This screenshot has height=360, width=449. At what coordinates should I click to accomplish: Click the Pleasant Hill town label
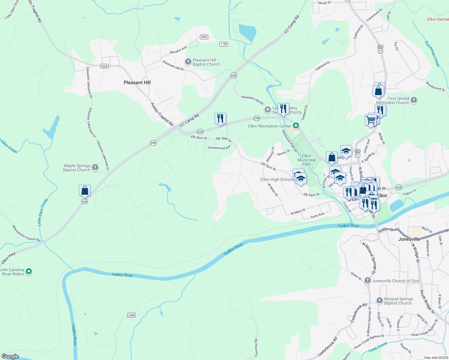click(137, 82)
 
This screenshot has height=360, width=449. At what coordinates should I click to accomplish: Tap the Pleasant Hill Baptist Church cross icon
click(188, 62)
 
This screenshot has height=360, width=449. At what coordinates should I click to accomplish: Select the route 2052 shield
click(204, 37)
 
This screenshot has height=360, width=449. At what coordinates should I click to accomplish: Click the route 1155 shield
click(224, 44)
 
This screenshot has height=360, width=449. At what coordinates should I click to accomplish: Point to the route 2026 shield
click(104, 66)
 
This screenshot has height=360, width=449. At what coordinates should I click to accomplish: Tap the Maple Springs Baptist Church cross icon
click(95, 168)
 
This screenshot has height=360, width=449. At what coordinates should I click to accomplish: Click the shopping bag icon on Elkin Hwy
click(85, 191)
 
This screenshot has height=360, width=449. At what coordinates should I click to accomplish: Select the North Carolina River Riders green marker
click(29, 271)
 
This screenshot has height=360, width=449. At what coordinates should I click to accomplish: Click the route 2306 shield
click(131, 315)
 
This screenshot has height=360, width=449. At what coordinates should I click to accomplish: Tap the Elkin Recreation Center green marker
click(296, 126)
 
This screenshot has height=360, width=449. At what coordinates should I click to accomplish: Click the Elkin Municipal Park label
click(306, 160)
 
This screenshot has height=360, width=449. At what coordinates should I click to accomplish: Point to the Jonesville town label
click(409, 239)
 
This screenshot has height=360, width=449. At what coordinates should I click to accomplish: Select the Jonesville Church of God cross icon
click(368, 281)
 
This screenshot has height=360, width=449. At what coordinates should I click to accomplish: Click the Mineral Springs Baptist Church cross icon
click(380, 301)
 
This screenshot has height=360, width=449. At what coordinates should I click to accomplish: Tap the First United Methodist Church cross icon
click(414, 100)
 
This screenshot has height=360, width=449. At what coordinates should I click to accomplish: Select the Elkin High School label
click(276, 179)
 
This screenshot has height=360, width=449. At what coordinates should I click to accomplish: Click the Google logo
click(10, 356)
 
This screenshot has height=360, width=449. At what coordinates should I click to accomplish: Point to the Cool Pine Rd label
click(256, 348)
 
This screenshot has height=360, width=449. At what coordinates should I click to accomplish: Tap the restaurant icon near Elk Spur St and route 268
click(220, 118)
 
